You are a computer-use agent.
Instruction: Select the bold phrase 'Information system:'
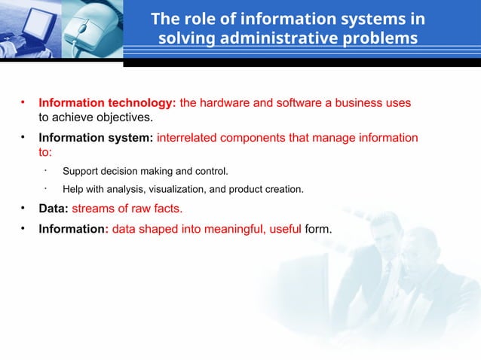tap(96, 138)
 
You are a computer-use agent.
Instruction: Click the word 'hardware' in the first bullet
tap(225, 102)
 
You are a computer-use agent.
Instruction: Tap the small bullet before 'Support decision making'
tap(46, 170)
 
